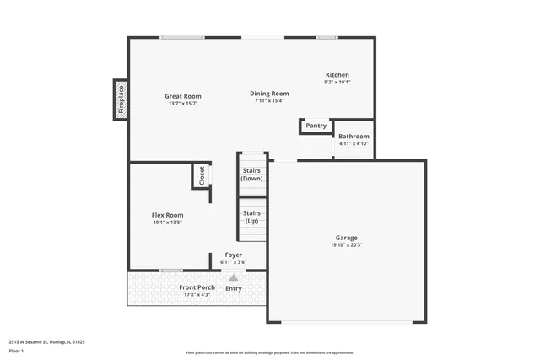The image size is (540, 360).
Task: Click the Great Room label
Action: [183, 96]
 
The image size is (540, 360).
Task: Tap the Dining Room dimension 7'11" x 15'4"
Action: [269, 101]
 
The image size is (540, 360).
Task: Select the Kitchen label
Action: [337, 75]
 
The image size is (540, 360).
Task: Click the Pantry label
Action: [316, 126]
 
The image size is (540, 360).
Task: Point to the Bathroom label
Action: [354, 137]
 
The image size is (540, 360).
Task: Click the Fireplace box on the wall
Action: [121, 98]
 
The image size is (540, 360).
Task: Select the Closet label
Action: [202, 175]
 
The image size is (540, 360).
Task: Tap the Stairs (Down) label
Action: [252, 175]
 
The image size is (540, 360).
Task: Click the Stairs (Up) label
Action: [252, 217]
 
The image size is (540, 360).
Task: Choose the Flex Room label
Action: [168, 215]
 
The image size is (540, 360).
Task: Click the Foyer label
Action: [233, 255]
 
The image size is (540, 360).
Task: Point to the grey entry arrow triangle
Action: [234, 276]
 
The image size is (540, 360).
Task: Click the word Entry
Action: [234, 288]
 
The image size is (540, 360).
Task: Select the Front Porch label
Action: [197, 287]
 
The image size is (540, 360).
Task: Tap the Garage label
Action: [348, 239]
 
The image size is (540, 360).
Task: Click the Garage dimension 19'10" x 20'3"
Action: [348, 246]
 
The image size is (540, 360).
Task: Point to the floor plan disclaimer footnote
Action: [269, 352]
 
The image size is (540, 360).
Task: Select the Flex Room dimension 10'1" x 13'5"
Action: [168, 223]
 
